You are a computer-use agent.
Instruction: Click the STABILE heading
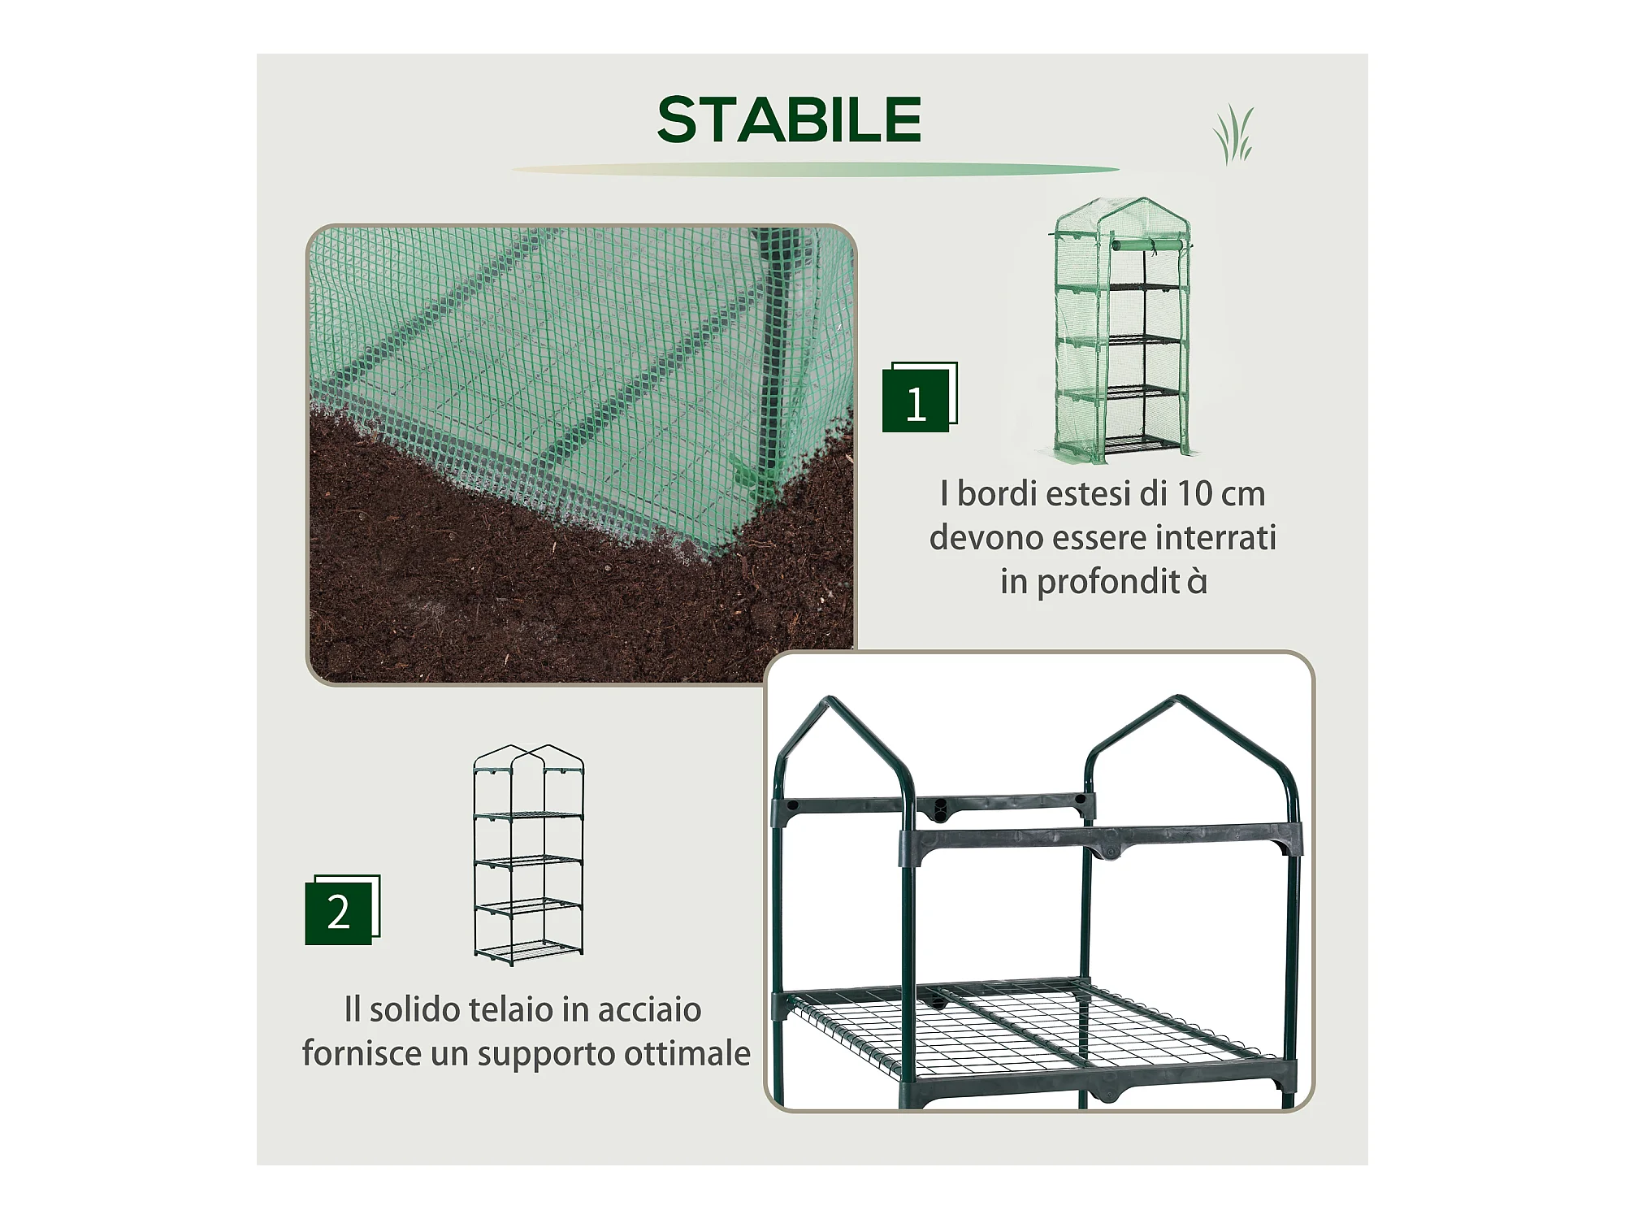pos(789,120)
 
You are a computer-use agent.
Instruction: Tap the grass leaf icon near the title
pos(1233,135)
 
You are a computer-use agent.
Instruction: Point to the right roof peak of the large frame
pos(1178,699)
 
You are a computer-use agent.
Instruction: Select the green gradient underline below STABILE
pos(815,170)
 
